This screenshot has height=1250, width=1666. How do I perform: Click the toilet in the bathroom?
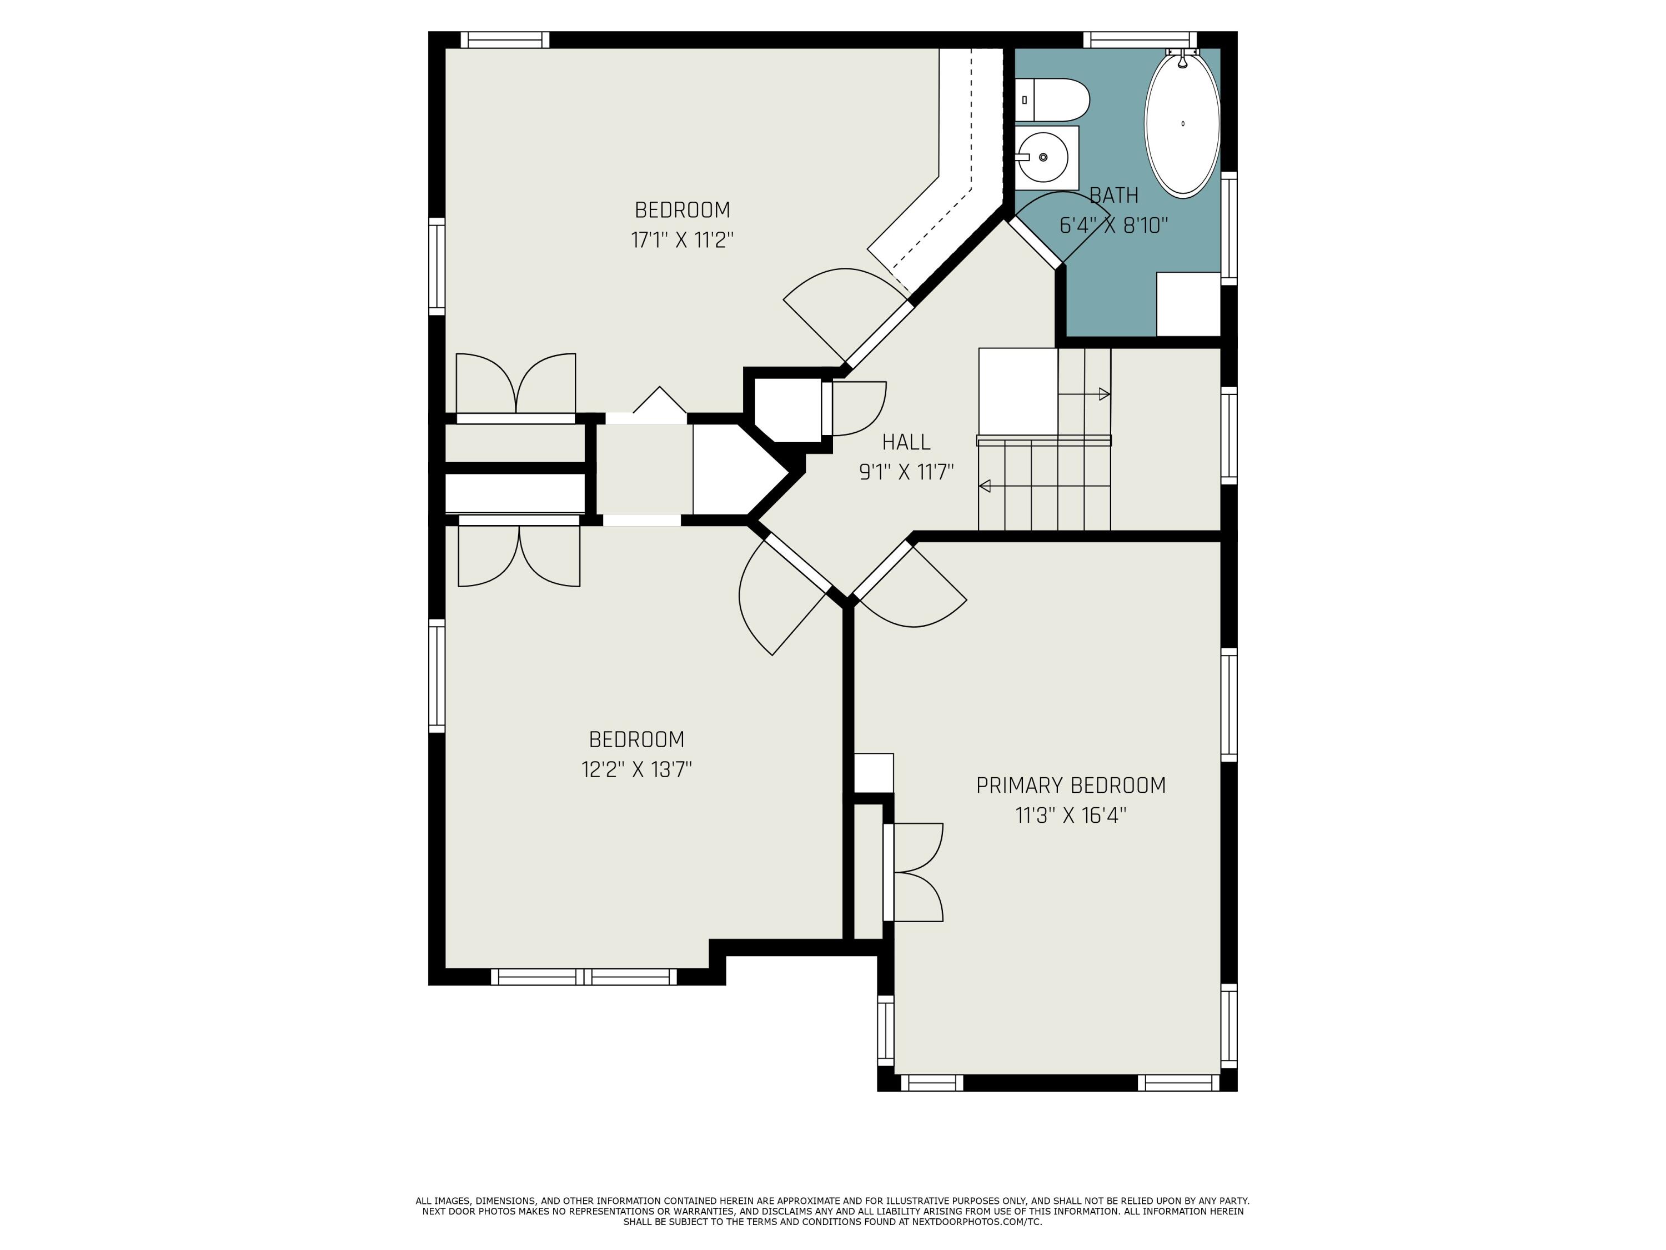click(x=1055, y=99)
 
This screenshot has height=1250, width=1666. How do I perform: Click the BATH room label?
click(x=1114, y=196)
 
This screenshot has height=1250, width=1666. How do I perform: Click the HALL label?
click(x=906, y=442)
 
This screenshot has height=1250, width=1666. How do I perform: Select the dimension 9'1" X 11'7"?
click(x=906, y=472)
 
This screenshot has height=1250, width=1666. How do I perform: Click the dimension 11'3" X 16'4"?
click(x=1070, y=816)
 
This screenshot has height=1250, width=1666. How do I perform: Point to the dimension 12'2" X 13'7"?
click(x=636, y=770)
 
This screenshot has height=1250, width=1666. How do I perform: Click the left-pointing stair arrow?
click(x=985, y=486)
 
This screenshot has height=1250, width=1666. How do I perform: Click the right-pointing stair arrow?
click(x=1103, y=394)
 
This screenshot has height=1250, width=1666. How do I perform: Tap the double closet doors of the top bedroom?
click(x=516, y=384)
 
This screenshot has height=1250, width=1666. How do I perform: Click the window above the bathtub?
click(x=1140, y=39)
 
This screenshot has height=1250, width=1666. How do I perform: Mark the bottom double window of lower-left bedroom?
click(x=584, y=977)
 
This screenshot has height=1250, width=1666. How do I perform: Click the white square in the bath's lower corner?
click(x=1188, y=304)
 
